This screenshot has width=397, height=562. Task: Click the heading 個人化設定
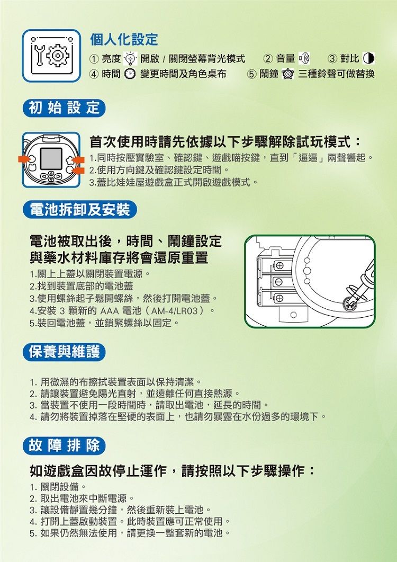[124, 40]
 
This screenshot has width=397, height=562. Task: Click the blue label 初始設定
[64, 108]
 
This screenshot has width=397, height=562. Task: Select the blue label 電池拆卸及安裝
[79, 210]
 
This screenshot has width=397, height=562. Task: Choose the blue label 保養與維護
[64, 352]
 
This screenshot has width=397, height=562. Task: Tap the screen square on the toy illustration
[51, 157]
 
